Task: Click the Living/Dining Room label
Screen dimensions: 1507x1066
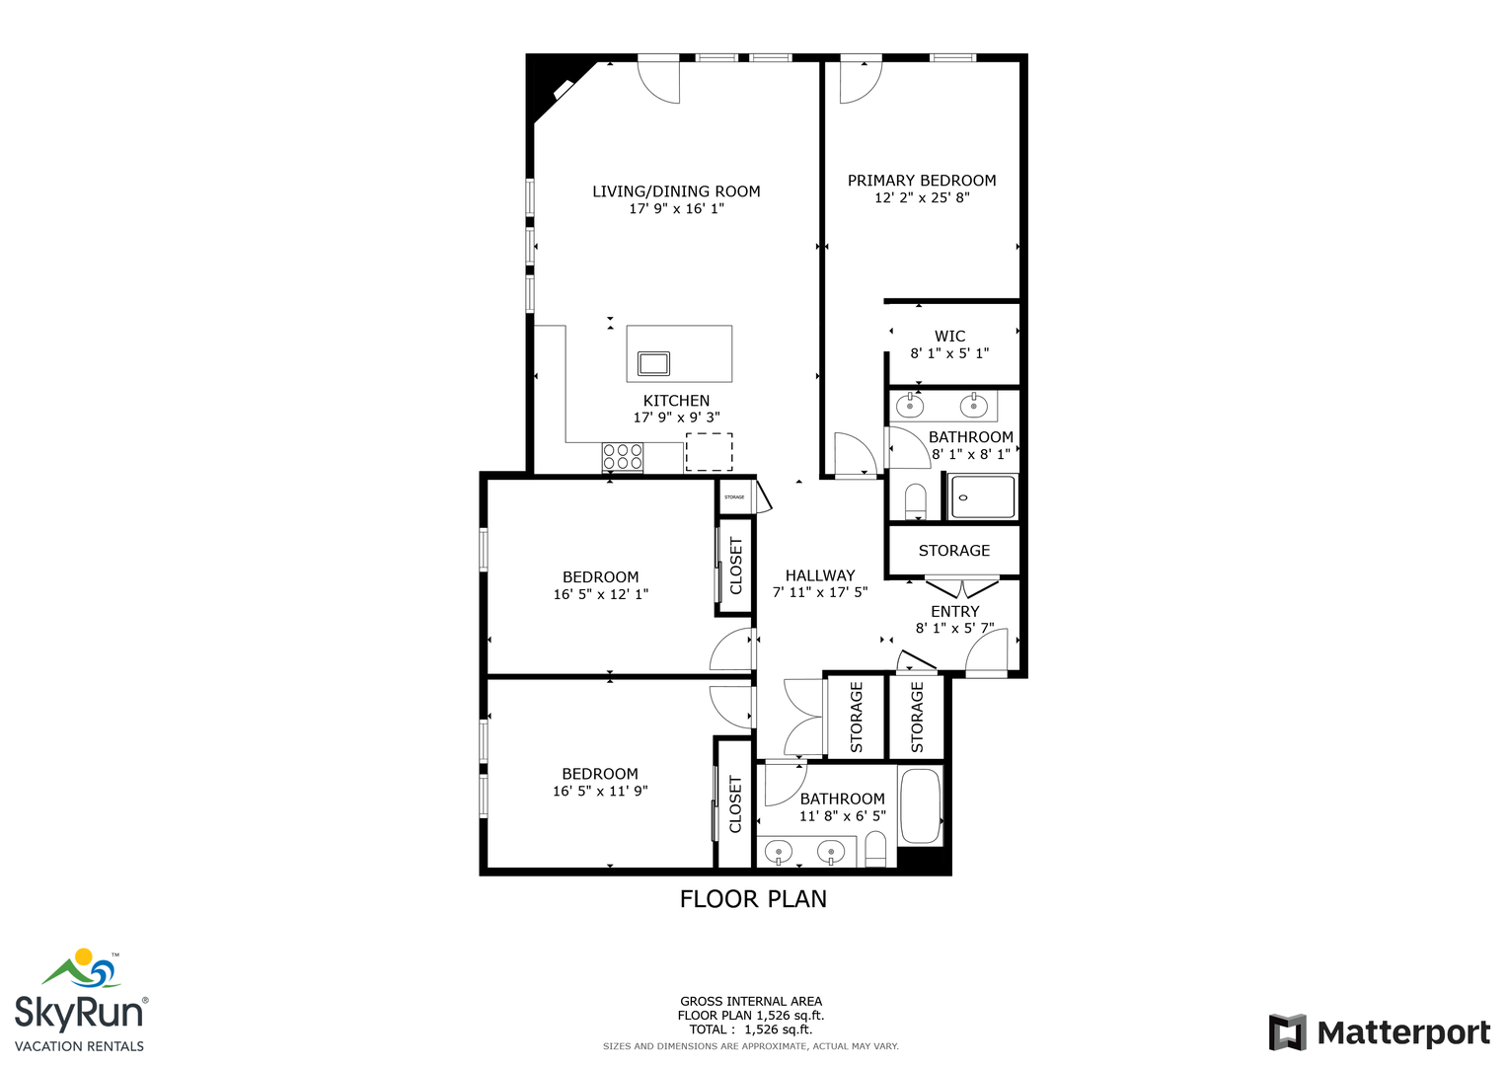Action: pyautogui.click(x=676, y=191)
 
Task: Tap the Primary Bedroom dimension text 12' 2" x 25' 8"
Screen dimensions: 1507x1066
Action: pyautogui.click(x=922, y=197)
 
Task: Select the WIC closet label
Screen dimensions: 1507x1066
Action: pyautogui.click(x=949, y=336)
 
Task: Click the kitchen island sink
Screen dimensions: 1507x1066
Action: pyautogui.click(x=653, y=363)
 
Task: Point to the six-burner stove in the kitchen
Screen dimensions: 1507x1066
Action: pyautogui.click(x=623, y=456)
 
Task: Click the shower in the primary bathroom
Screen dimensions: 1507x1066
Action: pyautogui.click(x=983, y=496)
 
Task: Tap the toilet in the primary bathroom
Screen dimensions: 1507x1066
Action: pyautogui.click(x=915, y=500)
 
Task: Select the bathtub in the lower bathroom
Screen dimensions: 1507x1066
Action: pyautogui.click(x=921, y=805)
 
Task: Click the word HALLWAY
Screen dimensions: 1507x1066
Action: pyautogui.click(x=820, y=575)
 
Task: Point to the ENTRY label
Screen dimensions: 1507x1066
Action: pyautogui.click(x=954, y=611)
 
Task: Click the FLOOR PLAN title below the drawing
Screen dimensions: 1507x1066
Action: pyautogui.click(x=753, y=899)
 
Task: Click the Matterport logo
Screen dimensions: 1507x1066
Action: pyautogui.click(x=1379, y=1032)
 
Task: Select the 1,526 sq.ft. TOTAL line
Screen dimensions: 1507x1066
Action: pyautogui.click(x=751, y=1028)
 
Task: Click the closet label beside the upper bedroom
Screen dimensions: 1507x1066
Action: pyautogui.click(x=735, y=566)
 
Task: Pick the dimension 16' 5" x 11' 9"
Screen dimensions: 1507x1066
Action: pyautogui.click(x=600, y=791)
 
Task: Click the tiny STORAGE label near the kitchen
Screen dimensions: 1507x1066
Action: pyautogui.click(x=734, y=497)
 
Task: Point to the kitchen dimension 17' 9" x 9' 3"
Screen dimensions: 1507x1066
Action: pyautogui.click(x=676, y=418)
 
